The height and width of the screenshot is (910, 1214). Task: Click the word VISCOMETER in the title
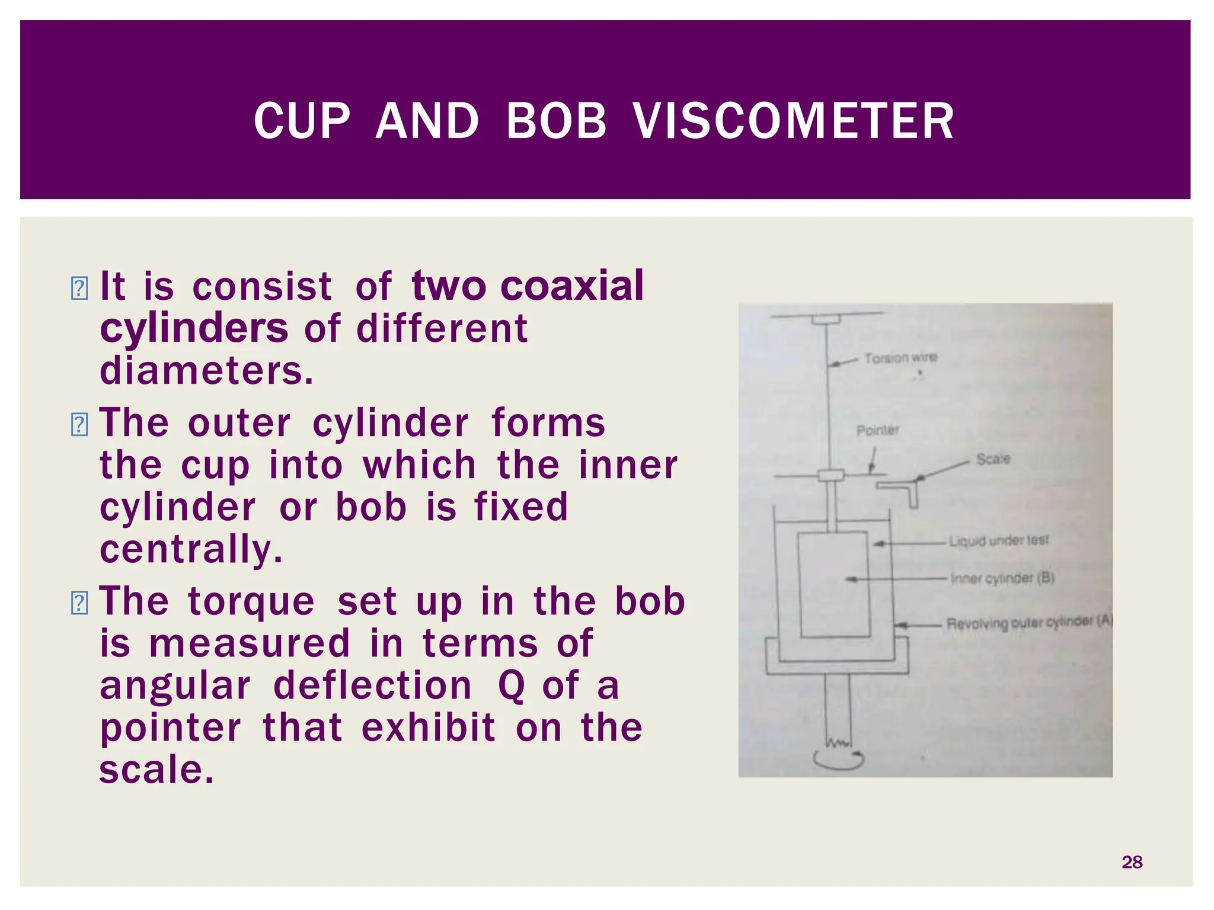[x=793, y=121]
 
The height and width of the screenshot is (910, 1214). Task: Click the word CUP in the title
[x=302, y=121]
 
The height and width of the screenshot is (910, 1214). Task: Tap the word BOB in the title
[x=556, y=121]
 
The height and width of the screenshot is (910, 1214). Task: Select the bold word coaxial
[x=571, y=286]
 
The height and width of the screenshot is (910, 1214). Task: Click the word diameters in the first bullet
[x=206, y=371]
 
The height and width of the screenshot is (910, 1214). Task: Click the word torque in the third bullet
[x=251, y=601]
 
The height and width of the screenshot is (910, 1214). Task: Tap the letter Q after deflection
[x=511, y=686]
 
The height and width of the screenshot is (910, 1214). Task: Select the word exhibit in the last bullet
[x=428, y=728]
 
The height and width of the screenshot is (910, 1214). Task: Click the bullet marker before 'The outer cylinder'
[x=79, y=424]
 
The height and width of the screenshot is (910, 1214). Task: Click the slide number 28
[x=1132, y=862]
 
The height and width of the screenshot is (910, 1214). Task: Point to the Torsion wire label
[x=900, y=358]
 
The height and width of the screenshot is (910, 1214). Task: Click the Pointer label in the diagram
[x=877, y=430]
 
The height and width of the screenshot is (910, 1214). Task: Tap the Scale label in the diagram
[x=993, y=459]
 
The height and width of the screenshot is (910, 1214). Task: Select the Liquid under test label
[x=998, y=541]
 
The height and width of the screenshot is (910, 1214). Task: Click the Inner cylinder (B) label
[x=1002, y=578]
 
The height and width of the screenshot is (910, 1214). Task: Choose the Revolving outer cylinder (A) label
[x=1029, y=623]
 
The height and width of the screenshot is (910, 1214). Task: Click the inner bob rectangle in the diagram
[x=833, y=584]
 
